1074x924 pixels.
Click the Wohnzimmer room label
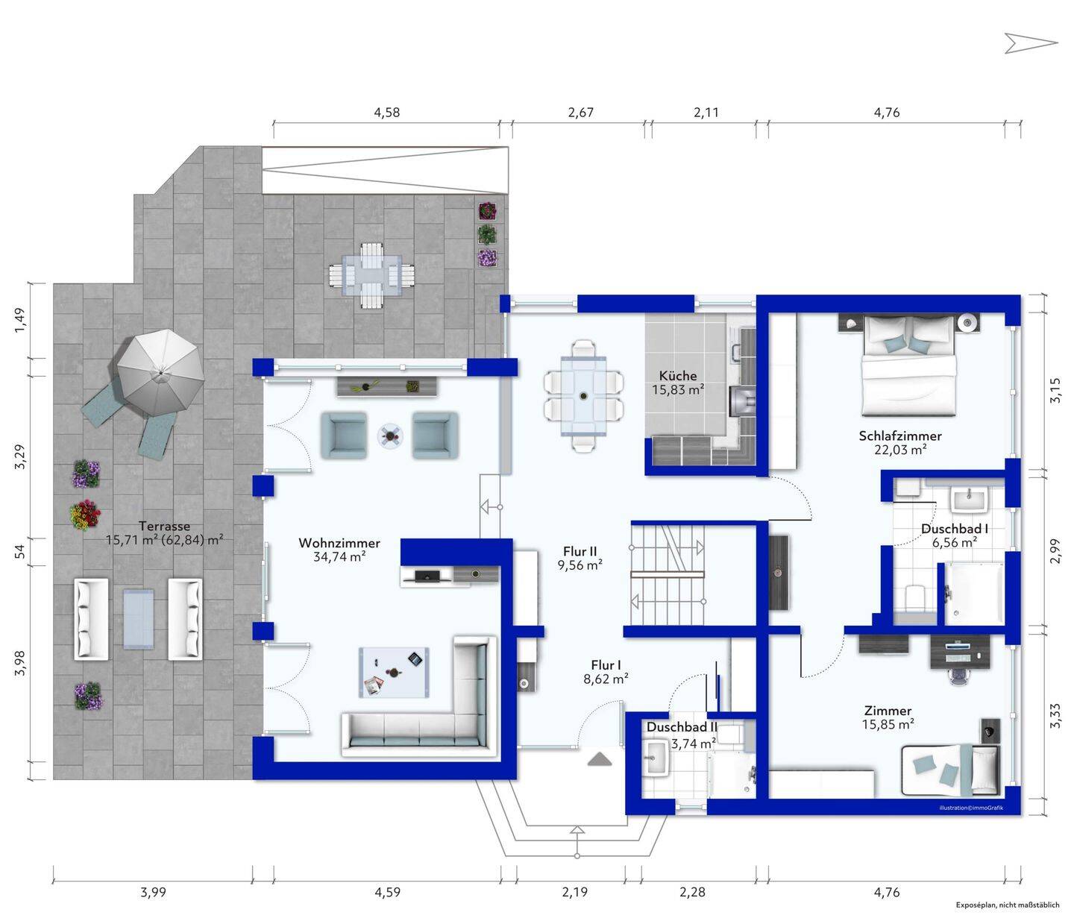[339, 543]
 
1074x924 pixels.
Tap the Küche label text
[678, 375]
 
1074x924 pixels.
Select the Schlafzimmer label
[900, 436]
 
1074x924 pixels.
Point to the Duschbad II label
[682, 727]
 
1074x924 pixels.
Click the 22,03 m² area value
[900, 450]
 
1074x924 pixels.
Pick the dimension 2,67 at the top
[580, 113]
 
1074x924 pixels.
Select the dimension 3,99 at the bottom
[154, 892]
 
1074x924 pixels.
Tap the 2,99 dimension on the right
[1055, 551]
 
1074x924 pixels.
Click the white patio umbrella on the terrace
[160, 373]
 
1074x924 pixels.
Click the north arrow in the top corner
[1031, 43]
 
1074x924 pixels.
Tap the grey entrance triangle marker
[600, 759]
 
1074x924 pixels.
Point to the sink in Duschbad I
[970, 500]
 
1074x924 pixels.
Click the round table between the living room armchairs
[390, 436]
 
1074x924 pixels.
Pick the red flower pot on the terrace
[85, 515]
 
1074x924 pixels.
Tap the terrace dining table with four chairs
[371, 275]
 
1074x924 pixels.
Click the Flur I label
[606, 665]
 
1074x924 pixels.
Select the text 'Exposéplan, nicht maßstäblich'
[1008, 905]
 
